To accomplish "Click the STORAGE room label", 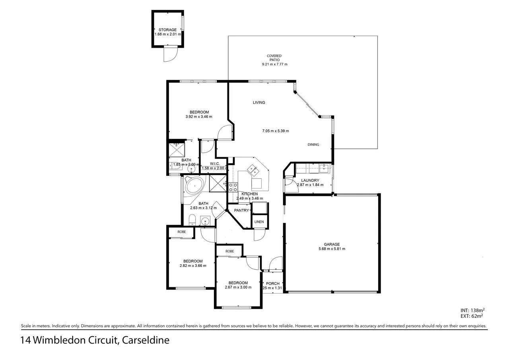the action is coord(167,30).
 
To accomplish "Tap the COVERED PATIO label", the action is coord(274,58).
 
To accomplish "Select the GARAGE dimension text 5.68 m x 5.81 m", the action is coord(332,249).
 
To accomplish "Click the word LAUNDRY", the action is coord(310,180).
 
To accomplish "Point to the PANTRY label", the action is coord(241,210).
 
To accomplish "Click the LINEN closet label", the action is coord(259,222).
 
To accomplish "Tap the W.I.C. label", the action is coord(215,163).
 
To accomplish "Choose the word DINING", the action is coord(313,144).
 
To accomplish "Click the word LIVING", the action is coord(259,103).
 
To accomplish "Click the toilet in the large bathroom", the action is coord(192,219).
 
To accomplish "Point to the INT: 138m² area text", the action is coord(472,310).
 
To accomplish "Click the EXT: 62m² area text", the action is coord(472,316).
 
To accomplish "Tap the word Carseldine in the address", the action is coord(146,341).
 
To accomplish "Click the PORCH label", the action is coord(273,284).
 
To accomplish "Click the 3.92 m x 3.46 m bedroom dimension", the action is coord(199,117).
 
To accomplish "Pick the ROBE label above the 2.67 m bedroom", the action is coord(229,251).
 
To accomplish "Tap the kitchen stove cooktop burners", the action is coord(233,187).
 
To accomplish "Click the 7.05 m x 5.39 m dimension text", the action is coord(275,131).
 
